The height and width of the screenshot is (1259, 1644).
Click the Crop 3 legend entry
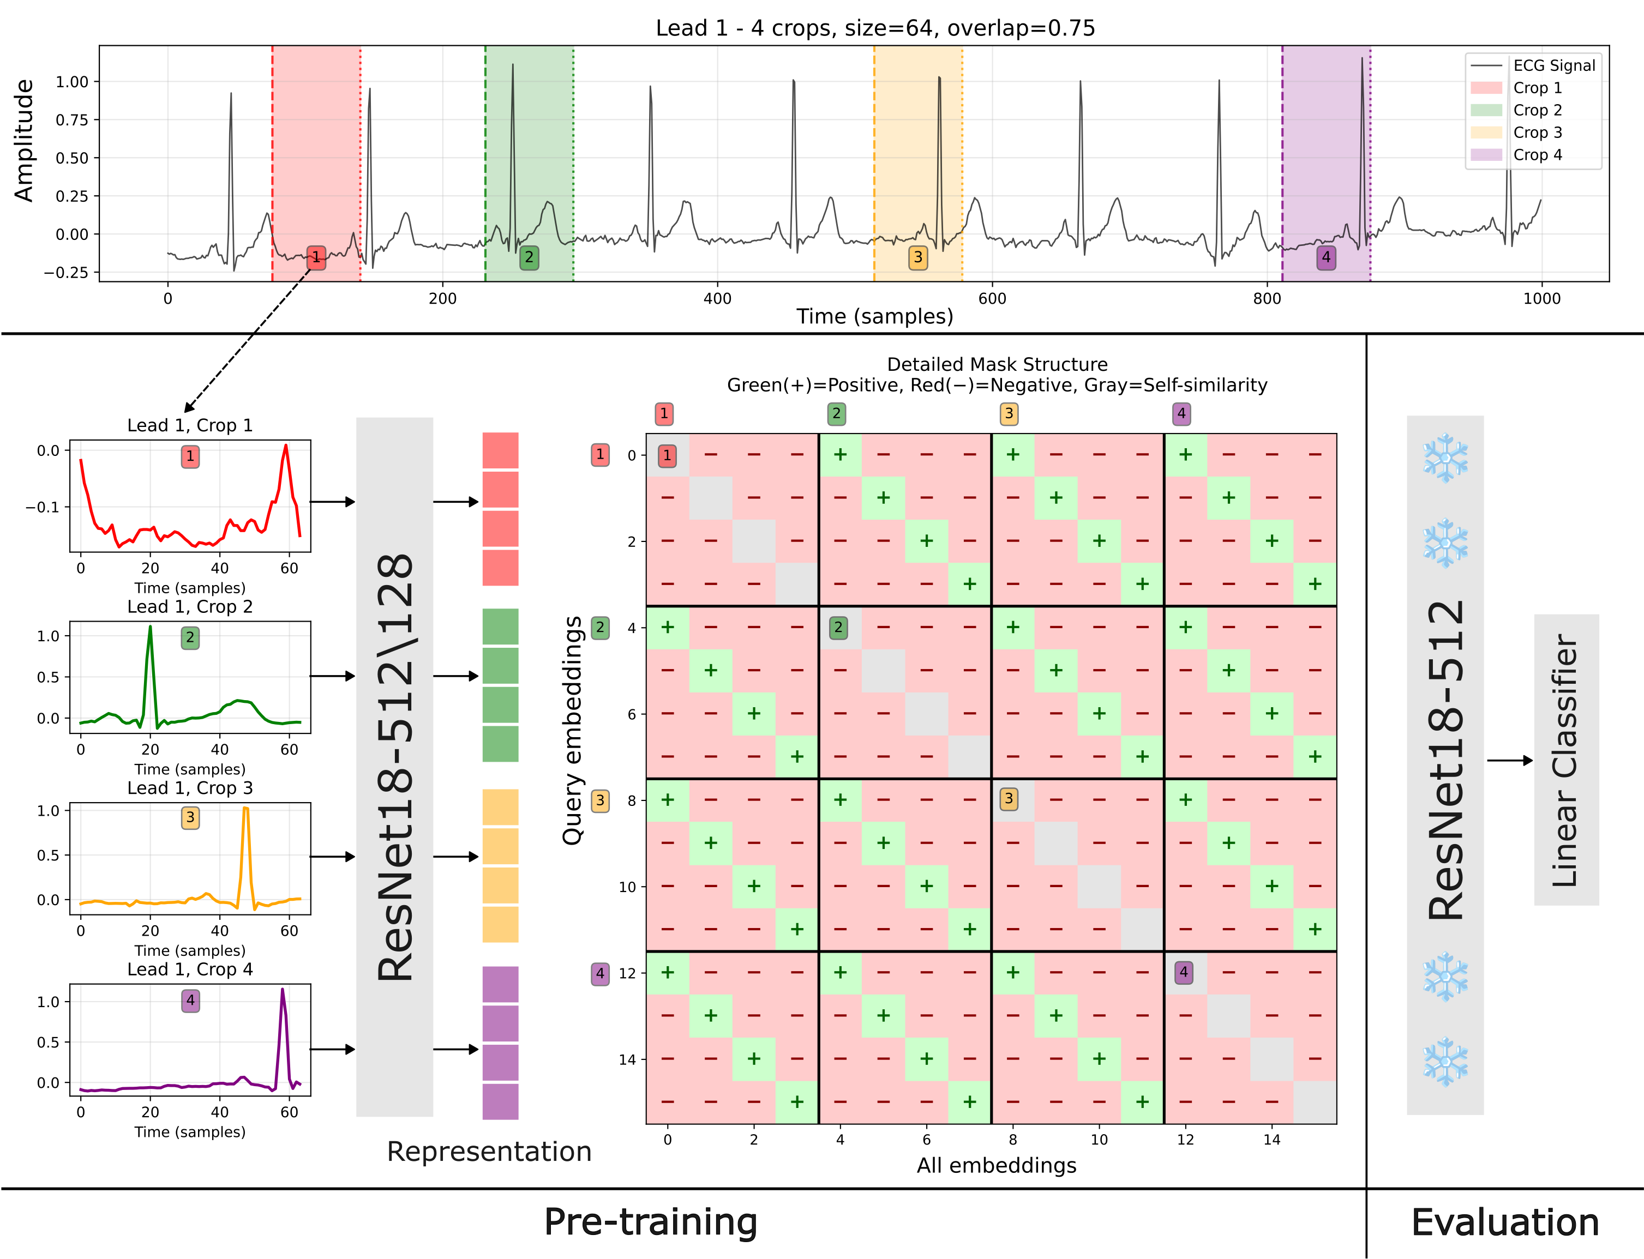coord(1537,132)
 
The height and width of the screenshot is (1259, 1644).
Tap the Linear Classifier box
coord(1565,759)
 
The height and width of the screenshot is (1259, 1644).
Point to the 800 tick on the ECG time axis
coord(1267,298)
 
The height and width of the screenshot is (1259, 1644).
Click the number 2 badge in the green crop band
coord(529,257)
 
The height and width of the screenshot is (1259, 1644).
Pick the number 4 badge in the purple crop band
coord(1325,257)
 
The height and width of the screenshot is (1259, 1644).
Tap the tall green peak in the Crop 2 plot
coord(150,629)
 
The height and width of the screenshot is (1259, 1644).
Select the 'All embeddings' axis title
coord(997,1165)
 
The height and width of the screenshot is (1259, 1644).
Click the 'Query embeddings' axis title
coord(573,731)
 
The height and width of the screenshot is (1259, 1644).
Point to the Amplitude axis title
coord(24,140)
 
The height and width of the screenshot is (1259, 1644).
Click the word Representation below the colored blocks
coord(489,1152)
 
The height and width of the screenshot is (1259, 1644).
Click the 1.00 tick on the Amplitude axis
coord(72,82)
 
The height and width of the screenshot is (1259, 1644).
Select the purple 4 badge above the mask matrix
coord(1181,414)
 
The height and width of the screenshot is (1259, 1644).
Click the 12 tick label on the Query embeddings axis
coord(627,973)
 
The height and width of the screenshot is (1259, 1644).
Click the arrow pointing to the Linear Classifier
coord(1509,761)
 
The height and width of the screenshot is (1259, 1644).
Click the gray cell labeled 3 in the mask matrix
coord(1009,799)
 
